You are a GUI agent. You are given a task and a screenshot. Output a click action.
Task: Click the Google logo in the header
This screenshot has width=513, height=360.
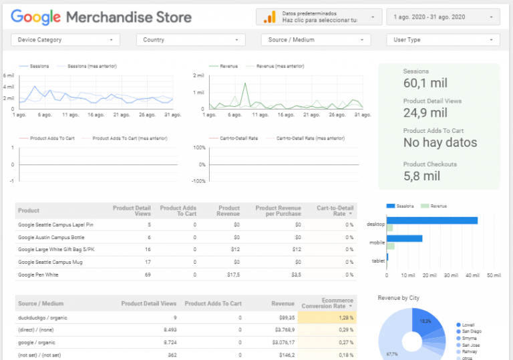click(x=36, y=17)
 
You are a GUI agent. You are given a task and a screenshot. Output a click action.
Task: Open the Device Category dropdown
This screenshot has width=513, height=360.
click(x=65, y=40)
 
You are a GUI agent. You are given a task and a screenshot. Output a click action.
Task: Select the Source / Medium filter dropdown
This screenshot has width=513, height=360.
click(x=315, y=40)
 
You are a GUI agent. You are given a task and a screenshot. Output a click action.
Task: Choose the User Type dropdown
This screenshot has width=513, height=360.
click(x=444, y=40)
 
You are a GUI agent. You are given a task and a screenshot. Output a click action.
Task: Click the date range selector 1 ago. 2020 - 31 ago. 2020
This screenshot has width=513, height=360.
click(x=443, y=17)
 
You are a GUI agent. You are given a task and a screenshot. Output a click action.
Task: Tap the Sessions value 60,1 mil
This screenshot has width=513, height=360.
click(x=425, y=83)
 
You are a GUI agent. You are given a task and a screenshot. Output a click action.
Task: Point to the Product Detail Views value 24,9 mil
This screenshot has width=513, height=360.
click(x=425, y=112)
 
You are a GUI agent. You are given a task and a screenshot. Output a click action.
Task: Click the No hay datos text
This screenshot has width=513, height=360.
click(x=440, y=142)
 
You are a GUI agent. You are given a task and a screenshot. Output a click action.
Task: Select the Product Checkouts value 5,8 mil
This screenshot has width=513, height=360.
click(x=421, y=176)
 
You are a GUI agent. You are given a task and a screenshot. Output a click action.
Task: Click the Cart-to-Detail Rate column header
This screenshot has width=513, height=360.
click(x=334, y=210)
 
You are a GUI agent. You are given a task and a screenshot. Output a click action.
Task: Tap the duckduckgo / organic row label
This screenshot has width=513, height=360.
click(x=43, y=317)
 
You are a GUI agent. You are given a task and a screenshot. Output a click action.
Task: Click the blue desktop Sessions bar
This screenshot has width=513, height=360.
click(x=432, y=220)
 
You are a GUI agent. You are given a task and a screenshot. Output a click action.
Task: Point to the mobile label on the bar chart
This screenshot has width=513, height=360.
click(x=376, y=242)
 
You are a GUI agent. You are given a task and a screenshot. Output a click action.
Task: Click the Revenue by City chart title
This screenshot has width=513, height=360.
click(x=398, y=297)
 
